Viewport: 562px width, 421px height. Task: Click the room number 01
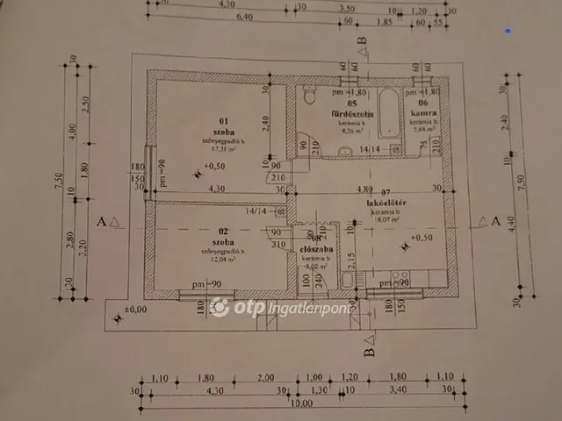(223, 120)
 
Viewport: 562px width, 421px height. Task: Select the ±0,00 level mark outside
(136, 310)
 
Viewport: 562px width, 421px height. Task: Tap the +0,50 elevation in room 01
(213, 165)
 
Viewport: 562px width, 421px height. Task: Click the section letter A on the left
(104, 222)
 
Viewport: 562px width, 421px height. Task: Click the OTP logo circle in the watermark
(220, 307)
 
